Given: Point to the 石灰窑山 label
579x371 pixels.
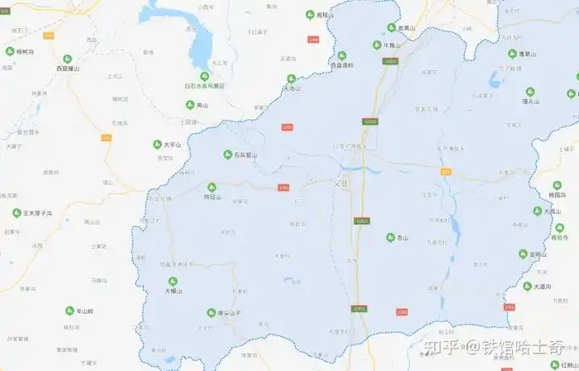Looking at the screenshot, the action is [245, 155].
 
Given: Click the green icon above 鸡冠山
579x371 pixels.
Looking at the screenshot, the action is [212, 186].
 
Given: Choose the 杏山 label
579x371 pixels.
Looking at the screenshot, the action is [403, 238].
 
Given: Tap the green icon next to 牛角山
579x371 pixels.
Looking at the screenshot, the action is [376, 45].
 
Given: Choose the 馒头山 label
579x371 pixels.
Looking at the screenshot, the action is [530, 102].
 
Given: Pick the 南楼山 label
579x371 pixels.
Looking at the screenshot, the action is [324, 15].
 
